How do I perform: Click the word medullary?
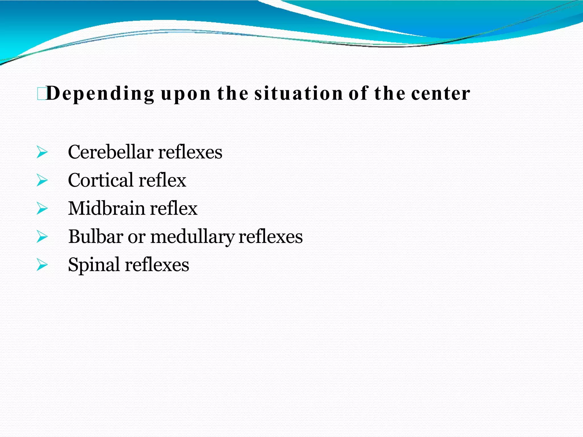point(192,237)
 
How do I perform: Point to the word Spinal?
point(94,265)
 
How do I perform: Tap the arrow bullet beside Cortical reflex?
point(42,180)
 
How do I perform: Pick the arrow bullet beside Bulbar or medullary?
point(42,237)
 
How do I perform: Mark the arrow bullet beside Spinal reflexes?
point(42,265)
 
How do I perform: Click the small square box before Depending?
point(41,94)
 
